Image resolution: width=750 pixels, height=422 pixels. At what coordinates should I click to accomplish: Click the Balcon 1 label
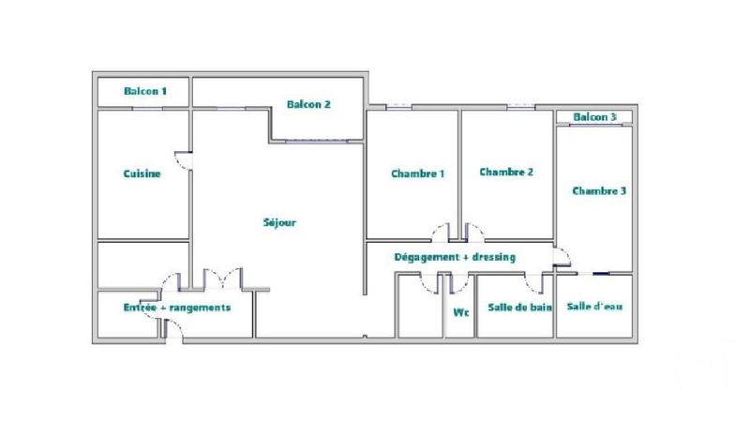[145, 91]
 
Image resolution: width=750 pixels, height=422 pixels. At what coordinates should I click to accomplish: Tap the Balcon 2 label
[308, 104]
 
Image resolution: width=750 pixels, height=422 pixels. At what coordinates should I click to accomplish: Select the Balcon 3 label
[594, 116]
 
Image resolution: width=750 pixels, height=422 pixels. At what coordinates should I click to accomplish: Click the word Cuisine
[142, 173]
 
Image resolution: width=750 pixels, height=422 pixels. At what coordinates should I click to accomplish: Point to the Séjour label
[279, 222]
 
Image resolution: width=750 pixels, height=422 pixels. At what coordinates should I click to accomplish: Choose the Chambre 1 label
[417, 173]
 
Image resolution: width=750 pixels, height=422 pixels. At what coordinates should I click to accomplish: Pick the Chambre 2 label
[506, 172]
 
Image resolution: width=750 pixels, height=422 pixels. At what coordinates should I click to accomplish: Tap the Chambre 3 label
[599, 191]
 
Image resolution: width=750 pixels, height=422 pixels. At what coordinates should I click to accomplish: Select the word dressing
[494, 257]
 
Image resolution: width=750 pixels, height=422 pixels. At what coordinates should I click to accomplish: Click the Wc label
[461, 312]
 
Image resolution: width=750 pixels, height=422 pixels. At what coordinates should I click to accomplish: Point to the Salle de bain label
[519, 308]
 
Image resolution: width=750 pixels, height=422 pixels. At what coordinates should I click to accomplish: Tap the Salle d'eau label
[594, 307]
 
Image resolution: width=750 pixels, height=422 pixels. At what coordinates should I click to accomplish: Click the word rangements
[200, 308]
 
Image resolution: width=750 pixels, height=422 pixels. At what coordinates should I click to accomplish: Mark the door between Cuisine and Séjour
[184, 160]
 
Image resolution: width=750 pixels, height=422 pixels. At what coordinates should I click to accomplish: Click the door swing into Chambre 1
[441, 232]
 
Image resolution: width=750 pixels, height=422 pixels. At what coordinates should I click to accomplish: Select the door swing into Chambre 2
[474, 232]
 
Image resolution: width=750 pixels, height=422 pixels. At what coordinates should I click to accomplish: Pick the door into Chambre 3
[562, 256]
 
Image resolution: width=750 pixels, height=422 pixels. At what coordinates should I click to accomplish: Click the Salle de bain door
[534, 283]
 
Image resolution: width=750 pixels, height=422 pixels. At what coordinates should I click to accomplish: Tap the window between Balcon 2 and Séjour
[316, 142]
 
